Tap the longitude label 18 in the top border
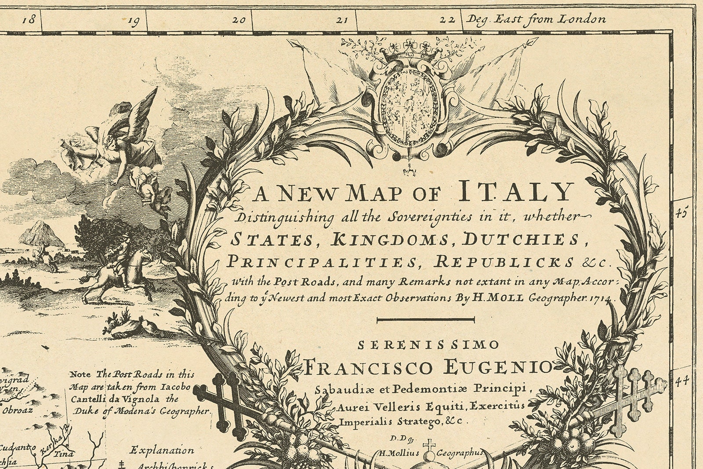tap(29, 19)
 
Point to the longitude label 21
tap(342, 20)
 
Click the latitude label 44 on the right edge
tap(681, 382)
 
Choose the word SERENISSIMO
tap(428, 345)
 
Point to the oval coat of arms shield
tap(408, 107)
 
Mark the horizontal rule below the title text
tap(426, 320)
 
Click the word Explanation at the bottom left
tap(162, 451)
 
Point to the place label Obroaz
tap(18, 411)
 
